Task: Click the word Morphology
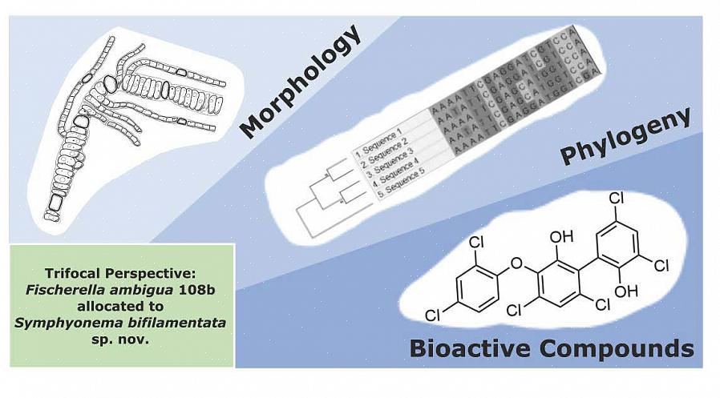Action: pos(301,81)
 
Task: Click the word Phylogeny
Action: pos(625,136)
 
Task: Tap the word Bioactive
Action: pos(468,348)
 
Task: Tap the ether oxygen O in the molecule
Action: pos(516,263)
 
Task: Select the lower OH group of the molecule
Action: pos(626,291)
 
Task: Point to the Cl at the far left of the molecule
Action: pos(433,315)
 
